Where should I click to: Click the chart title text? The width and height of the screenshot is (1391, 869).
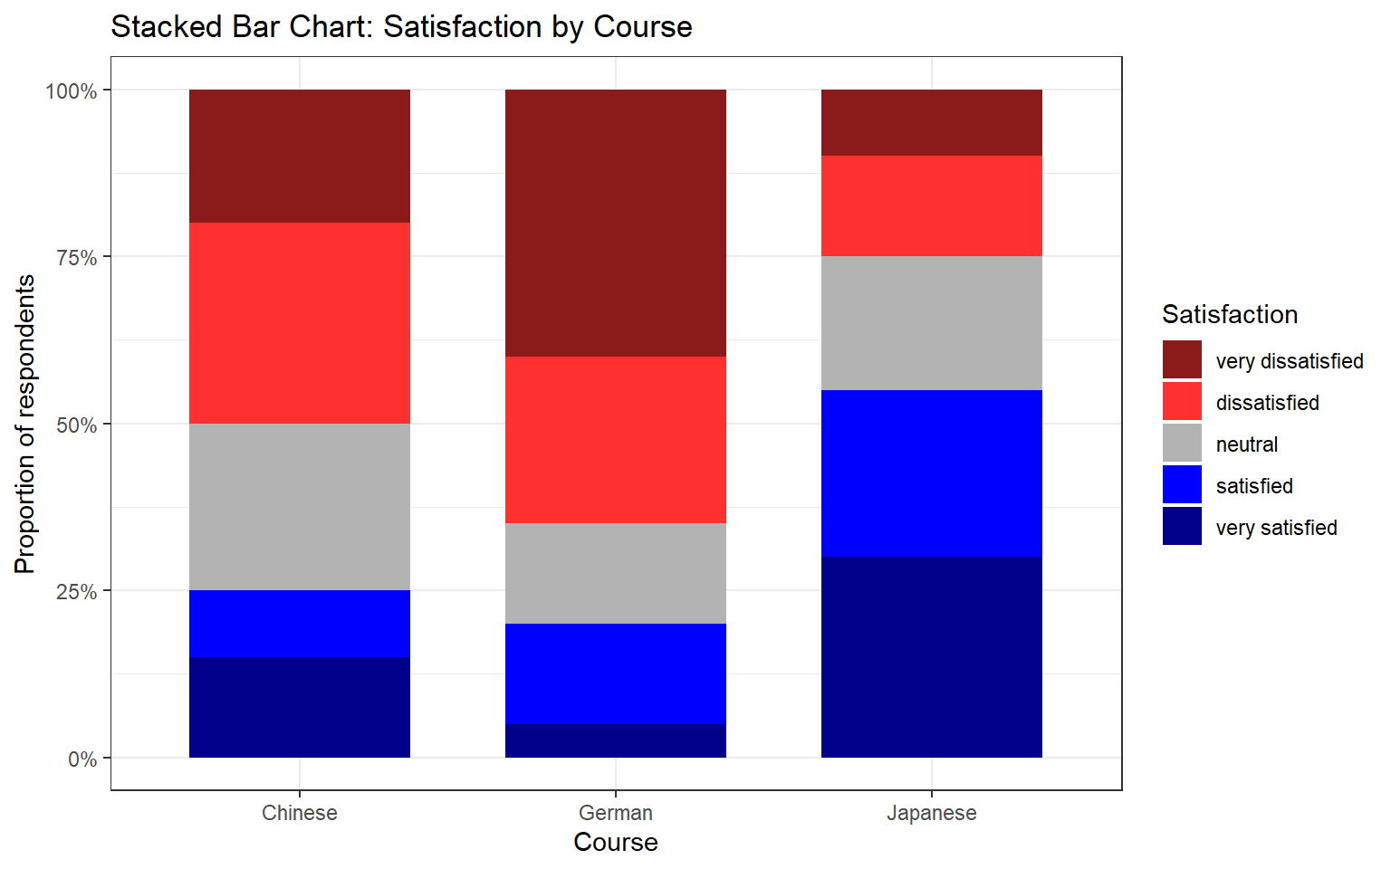coord(401,27)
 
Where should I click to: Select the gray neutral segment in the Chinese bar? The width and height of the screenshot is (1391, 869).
coord(300,507)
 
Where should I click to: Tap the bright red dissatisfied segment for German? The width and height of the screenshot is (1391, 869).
coord(616,440)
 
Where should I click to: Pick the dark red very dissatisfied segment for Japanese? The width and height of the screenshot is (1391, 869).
coord(931,123)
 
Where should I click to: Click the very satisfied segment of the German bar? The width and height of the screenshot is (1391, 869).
coord(616,740)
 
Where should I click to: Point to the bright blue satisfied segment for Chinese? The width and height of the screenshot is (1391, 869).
coord(300,624)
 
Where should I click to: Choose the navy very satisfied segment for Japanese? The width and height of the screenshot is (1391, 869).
coord(931,657)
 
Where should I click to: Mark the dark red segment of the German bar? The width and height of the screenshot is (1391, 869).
coord(616,223)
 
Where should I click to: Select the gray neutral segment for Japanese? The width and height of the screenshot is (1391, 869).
coord(931,323)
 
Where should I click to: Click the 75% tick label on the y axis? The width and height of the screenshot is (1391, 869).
coord(76,258)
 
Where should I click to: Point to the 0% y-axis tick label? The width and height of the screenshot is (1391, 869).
coord(82,759)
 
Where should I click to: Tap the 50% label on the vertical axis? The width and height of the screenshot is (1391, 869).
coord(76,425)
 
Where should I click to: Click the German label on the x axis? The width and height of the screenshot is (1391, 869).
coord(616,813)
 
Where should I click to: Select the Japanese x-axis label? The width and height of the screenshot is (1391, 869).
coord(931,813)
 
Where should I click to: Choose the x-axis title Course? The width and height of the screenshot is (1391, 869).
coord(616,842)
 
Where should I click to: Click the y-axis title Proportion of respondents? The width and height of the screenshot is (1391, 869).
coord(25,424)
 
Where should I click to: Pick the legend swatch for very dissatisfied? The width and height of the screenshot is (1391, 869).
coord(1182,359)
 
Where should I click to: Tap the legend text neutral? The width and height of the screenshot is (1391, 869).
coord(1246,444)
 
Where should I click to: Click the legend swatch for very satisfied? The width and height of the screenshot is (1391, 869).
coord(1182,526)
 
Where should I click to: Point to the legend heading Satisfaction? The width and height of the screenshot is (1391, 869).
coord(1229,314)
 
